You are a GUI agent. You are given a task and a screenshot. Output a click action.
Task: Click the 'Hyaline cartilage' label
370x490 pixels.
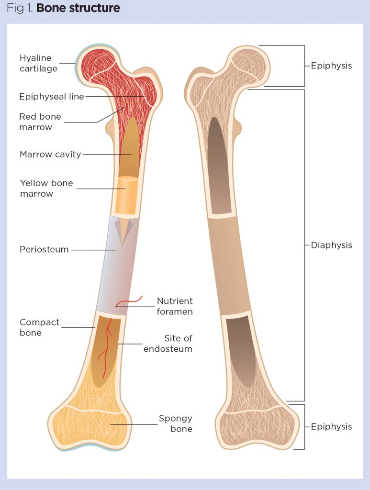coord(38,63)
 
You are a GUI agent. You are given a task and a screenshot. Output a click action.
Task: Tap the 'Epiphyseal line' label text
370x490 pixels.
coord(51,97)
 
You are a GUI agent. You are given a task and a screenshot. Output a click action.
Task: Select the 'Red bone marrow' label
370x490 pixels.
coord(40,122)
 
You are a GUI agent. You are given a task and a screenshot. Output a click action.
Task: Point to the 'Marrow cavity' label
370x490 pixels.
coord(50,155)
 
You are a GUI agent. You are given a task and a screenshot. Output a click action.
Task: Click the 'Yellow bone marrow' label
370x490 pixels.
coord(46,188)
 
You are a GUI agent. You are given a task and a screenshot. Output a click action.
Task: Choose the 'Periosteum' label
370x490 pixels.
coord(44,249)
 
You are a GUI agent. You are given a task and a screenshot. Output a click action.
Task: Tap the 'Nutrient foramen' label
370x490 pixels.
coord(175,306)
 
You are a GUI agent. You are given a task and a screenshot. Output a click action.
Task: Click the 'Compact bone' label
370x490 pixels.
coord(39,327)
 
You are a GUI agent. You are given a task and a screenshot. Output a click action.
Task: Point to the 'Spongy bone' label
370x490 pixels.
coord(176,423)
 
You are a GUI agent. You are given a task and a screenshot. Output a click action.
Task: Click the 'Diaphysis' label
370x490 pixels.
coord(331,245)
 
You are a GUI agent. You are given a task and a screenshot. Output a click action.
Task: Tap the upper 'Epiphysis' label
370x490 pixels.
coord(331,66)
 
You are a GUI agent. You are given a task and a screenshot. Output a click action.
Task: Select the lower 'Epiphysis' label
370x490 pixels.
coord(331,426)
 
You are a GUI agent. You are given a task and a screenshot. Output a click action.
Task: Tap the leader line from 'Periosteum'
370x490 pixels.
coord(93,249)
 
